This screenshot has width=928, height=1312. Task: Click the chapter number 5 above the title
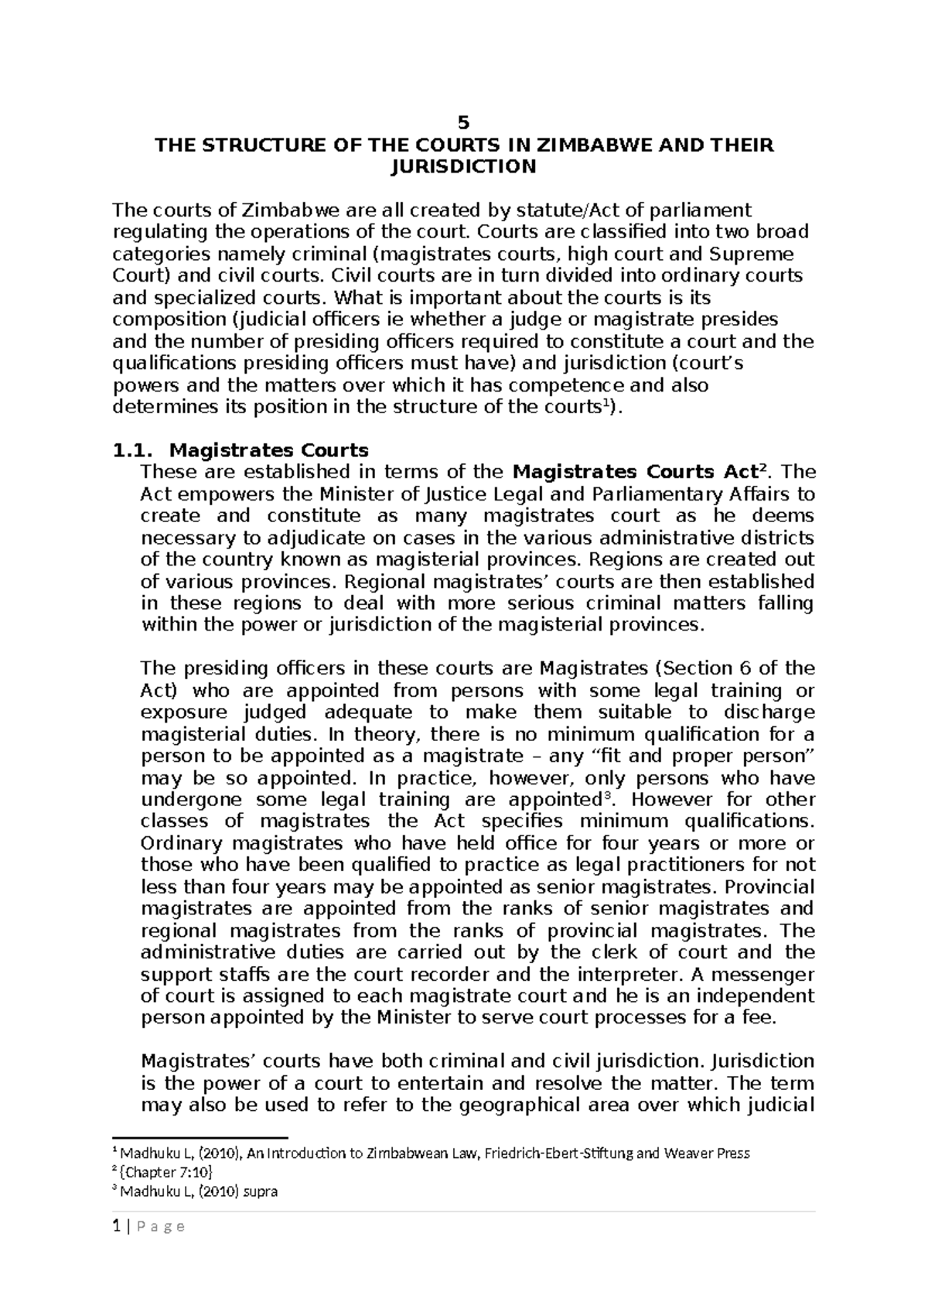[x=463, y=122]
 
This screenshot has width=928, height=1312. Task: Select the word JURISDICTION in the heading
[x=463, y=166]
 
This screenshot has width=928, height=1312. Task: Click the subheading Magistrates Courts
[x=269, y=450]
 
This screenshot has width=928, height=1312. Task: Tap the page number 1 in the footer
[x=115, y=1227]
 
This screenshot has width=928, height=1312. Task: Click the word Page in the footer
[x=159, y=1227]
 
